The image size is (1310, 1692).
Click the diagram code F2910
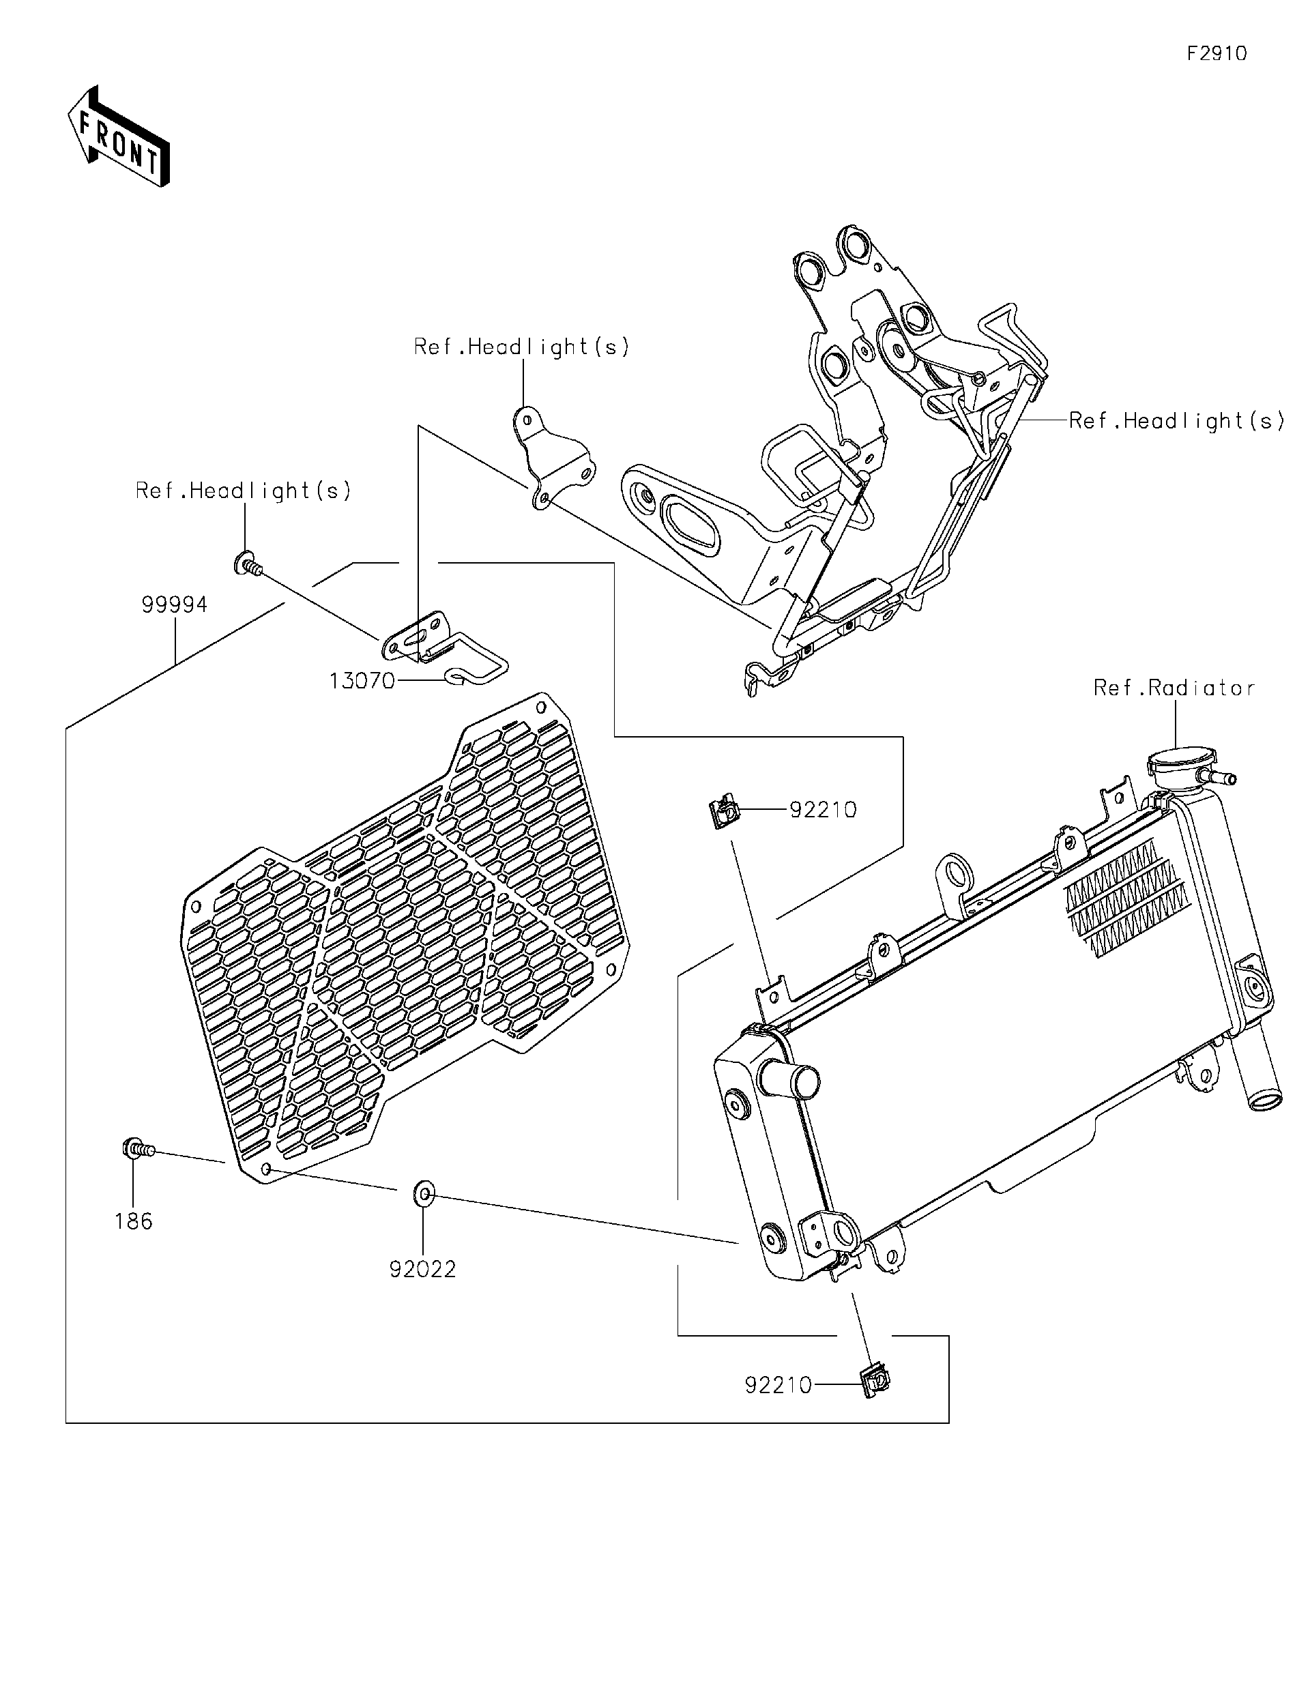tap(1217, 53)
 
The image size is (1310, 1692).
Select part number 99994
tap(174, 604)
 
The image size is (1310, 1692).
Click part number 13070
tap(362, 681)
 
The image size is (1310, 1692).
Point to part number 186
tap(133, 1222)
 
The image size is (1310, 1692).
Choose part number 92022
tap(422, 1269)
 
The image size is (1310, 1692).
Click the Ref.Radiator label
tap(1174, 688)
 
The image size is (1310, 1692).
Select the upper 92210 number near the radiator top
tap(823, 810)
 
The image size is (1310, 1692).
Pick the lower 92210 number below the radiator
tap(778, 1385)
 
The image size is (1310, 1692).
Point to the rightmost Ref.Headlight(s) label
tap(1176, 421)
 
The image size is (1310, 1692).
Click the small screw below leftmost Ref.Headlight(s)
tap(247, 564)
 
